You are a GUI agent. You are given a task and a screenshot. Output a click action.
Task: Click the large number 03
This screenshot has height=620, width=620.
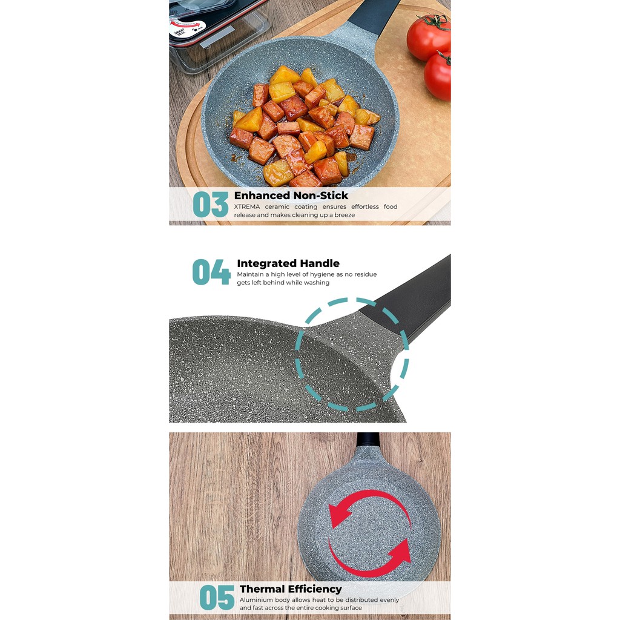click(210, 205)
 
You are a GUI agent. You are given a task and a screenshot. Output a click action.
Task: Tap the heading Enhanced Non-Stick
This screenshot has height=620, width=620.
click(291, 196)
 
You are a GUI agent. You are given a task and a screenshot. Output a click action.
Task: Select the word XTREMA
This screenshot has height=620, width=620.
click(247, 206)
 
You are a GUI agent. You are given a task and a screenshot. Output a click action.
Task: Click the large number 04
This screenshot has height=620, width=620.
click(211, 272)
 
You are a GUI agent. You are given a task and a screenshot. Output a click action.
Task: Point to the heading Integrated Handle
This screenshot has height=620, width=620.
click(288, 263)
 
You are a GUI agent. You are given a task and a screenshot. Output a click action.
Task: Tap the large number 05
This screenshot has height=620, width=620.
click(217, 598)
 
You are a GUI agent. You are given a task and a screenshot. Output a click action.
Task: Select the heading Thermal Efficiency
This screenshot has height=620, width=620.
click(291, 589)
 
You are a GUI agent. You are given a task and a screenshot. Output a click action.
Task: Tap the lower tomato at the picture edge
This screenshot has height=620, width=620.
click(438, 76)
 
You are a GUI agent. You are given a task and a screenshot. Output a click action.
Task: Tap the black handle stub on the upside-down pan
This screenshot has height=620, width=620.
click(368, 440)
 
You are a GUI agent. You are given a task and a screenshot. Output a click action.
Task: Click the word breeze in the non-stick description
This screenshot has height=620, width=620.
click(345, 215)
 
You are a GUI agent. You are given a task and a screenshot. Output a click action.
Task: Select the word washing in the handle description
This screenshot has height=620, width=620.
click(316, 283)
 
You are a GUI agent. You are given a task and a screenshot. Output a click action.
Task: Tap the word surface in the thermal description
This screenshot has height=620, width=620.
click(351, 608)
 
